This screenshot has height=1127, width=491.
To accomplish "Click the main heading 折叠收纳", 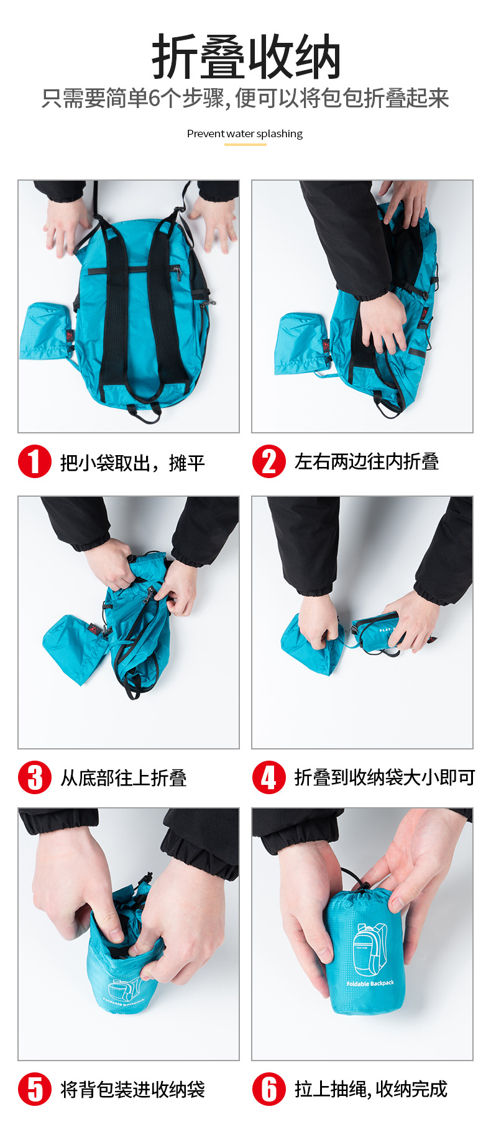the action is click(246, 57).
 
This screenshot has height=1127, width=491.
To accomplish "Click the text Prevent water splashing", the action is click(245, 134).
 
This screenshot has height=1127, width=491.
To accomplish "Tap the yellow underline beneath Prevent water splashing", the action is click(245, 145).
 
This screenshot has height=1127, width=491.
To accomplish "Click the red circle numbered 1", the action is click(34, 461).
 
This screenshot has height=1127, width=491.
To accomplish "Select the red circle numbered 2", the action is click(269, 461).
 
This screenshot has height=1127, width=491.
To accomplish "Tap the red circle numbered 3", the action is click(34, 777).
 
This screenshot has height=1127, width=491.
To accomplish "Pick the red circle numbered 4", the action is click(269, 777).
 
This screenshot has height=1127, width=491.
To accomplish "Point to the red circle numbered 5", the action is click(34, 1089).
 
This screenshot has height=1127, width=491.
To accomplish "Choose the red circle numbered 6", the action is click(269, 1089).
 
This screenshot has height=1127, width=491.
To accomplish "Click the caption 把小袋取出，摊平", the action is click(132, 463).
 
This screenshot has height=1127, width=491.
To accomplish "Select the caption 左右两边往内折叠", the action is click(367, 461).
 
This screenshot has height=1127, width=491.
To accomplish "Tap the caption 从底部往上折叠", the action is click(123, 778).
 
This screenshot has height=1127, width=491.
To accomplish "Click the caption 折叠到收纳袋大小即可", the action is click(385, 777).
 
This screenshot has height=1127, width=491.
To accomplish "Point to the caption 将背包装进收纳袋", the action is click(132, 1089).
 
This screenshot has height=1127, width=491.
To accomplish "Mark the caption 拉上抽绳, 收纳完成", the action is click(371, 1089).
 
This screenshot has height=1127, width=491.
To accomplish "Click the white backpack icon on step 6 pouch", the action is click(370, 949).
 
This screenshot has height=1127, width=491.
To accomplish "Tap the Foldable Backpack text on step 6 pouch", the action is click(370, 984).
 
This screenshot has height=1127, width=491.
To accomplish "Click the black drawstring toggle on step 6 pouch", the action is click(365, 884).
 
